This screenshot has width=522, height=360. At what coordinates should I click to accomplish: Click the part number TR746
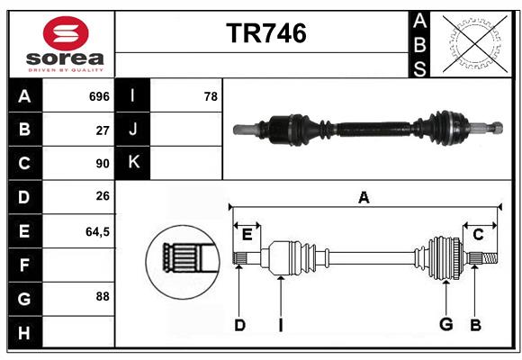coord(266,33)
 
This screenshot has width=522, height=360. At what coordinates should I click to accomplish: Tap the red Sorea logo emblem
coord(66,33)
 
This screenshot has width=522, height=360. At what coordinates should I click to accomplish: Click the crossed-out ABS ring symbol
coord(475,44)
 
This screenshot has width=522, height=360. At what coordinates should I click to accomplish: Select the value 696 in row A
coord(99,96)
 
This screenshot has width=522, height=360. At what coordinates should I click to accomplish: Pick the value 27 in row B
coord(103,130)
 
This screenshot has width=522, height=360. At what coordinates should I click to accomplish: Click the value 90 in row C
coord(103,164)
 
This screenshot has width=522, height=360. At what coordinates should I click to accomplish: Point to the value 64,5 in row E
coord(97,231)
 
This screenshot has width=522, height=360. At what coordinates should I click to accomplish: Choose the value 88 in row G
coord(103,296)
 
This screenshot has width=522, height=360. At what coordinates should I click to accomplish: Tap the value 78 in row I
coord(211,96)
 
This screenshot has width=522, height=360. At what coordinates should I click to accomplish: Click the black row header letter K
coord(134,162)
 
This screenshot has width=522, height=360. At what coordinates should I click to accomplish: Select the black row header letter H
coord(24,333)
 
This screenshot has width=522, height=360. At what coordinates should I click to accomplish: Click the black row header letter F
coord(24,265)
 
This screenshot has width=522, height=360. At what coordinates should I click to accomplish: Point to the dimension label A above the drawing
coord(364,197)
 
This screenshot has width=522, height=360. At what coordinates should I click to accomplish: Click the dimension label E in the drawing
coord(247,235)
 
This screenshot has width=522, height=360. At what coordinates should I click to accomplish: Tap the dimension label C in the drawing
coord(478,235)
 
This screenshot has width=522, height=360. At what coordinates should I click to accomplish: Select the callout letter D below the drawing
coord(239,325)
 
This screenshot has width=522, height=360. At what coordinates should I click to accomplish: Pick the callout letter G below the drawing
coord(446,324)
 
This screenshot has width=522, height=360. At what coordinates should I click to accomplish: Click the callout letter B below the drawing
coord(476,325)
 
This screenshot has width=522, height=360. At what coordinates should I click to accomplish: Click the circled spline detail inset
coord(183,262)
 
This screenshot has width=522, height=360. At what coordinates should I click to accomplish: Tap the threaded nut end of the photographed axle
coord(497,128)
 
